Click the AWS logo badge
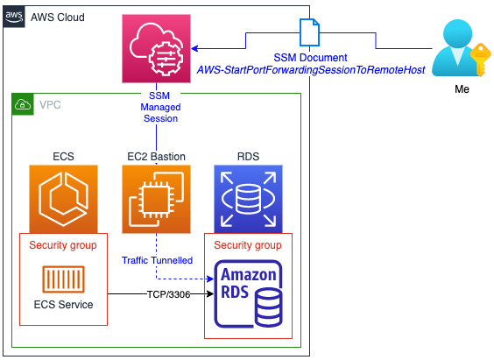(14, 17)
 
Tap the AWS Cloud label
(58, 18)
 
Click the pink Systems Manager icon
(156, 48)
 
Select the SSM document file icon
(309, 32)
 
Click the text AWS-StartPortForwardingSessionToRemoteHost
(311, 70)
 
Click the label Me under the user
(462, 89)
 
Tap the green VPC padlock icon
(23, 104)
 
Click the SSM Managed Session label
(160, 107)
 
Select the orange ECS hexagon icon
(63, 199)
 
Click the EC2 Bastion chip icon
(156, 199)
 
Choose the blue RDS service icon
(248, 199)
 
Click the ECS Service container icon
(63, 279)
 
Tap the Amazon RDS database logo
(248, 293)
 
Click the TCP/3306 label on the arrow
(168, 294)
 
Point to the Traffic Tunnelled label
(157, 260)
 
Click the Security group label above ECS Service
(63, 245)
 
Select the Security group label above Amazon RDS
(248, 245)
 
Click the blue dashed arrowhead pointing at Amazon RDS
(210, 279)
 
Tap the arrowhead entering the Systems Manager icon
(194, 48)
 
